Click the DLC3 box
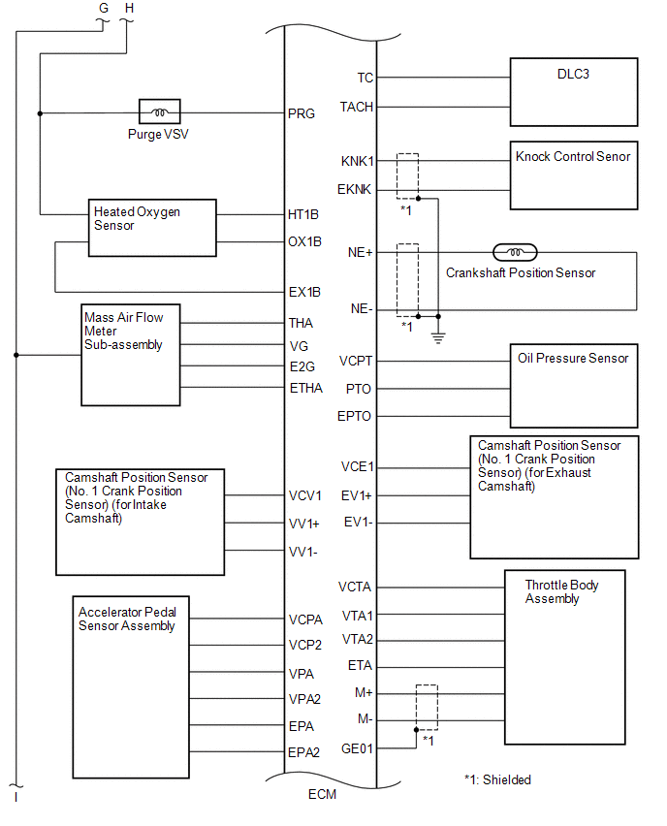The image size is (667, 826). [x=574, y=92]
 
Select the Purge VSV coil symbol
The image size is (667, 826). [x=159, y=113]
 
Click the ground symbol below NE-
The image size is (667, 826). [x=438, y=337]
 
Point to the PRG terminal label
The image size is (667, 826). [x=302, y=113]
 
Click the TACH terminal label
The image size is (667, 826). [x=357, y=107]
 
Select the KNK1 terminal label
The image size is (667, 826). [x=358, y=161]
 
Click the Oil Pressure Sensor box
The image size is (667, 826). [x=574, y=386]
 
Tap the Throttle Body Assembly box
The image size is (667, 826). [x=565, y=656]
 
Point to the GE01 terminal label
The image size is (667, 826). [x=357, y=748]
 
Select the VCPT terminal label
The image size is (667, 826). [x=356, y=361]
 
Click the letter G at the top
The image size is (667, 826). [x=105, y=8]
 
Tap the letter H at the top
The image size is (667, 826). [x=130, y=8]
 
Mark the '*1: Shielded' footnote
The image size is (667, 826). [x=497, y=779]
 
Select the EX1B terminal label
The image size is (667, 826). [x=304, y=291]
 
